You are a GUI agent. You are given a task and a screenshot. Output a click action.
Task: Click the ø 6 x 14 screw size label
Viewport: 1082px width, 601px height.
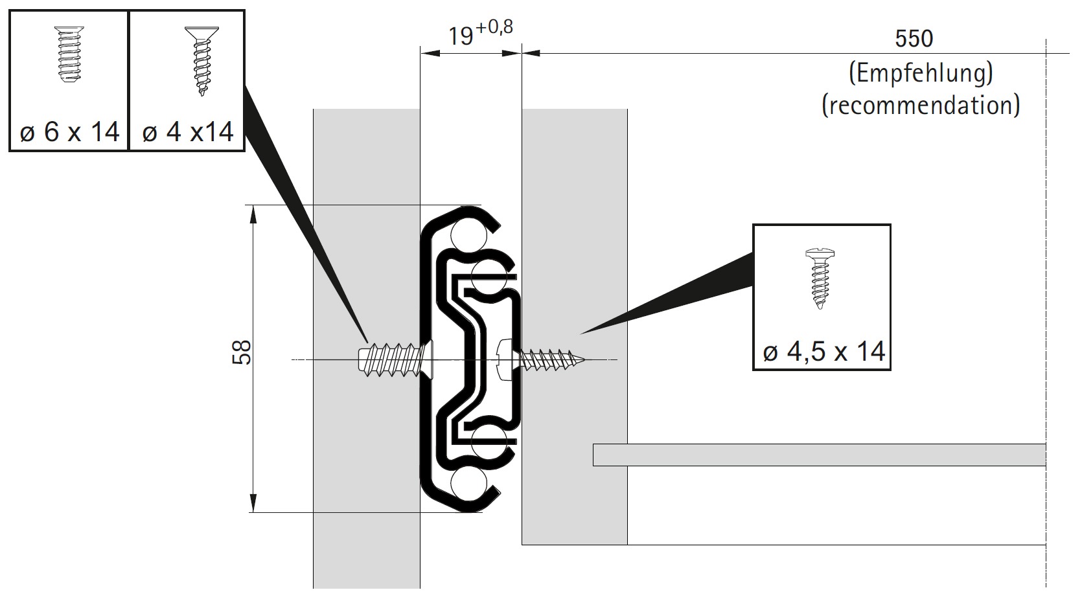tap(69, 132)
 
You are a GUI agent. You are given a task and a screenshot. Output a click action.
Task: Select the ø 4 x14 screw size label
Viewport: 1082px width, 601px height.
tap(187, 132)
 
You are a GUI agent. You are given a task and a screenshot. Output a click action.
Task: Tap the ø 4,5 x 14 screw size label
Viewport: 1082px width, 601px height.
tap(823, 352)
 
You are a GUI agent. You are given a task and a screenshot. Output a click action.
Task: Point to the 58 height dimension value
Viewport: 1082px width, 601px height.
tap(241, 352)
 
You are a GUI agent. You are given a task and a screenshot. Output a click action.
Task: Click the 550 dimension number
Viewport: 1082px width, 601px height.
tap(914, 39)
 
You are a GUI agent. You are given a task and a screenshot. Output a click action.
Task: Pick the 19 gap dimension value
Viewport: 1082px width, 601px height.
tap(461, 36)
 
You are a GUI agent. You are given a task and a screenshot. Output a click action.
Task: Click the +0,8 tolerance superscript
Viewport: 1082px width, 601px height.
tap(494, 27)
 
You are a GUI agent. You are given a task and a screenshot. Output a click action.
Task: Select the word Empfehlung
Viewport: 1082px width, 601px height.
tap(921, 73)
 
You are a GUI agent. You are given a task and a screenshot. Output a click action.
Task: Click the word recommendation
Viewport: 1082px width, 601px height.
tap(921, 105)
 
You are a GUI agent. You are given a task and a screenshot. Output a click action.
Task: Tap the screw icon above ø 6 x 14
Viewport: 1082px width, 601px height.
tap(69, 54)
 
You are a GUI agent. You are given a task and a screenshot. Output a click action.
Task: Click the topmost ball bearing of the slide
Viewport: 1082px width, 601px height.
tap(468, 235)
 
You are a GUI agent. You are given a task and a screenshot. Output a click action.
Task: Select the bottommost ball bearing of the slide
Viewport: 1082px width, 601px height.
tap(468, 484)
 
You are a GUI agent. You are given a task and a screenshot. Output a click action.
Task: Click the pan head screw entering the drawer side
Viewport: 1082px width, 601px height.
tap(541, 359)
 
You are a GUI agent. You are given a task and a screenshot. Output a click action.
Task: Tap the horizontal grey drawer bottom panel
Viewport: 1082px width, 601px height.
tap(819, 455)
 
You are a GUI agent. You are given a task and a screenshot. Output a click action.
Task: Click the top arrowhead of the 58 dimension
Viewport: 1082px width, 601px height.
tap(253, 214)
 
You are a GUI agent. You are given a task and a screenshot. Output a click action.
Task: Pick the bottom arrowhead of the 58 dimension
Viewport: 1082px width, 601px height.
tap(253, 503)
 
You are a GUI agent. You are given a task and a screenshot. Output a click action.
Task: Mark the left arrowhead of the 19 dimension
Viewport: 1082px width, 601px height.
tap(430, 53)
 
